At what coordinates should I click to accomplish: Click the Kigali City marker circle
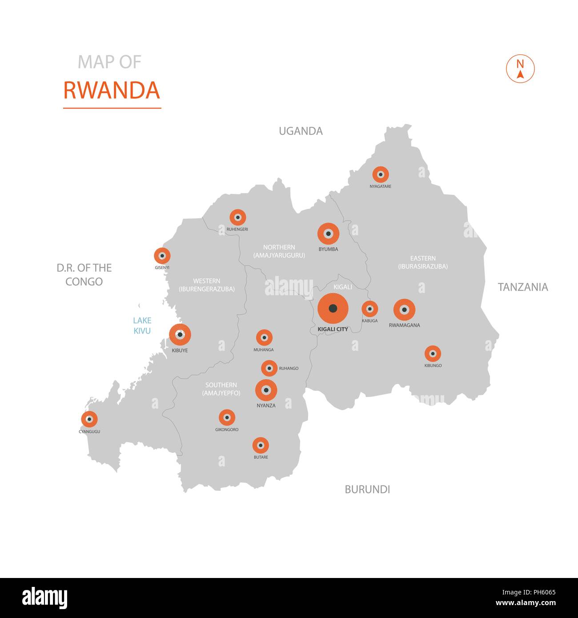333,309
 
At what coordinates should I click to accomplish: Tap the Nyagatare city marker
381,175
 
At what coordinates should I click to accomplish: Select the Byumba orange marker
329,233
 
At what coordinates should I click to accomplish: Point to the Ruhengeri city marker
238,217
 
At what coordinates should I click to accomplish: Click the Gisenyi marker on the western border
162,256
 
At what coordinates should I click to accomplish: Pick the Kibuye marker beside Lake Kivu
180,335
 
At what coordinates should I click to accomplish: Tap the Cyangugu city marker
89,419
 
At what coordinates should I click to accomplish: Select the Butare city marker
261,445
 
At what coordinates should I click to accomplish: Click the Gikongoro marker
227,417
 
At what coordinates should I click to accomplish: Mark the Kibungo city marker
433,354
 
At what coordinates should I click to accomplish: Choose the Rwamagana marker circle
404,310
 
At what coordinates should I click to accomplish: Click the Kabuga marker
369,309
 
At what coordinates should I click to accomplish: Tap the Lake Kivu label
142,325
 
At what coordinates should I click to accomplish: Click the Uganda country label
301,131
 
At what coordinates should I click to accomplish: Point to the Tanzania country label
522,287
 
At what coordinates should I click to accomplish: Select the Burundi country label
367,490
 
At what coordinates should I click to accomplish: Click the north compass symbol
520,69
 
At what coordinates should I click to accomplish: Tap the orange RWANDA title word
112,90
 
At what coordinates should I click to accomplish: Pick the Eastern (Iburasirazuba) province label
423,262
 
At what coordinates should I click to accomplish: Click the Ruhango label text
289,369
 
